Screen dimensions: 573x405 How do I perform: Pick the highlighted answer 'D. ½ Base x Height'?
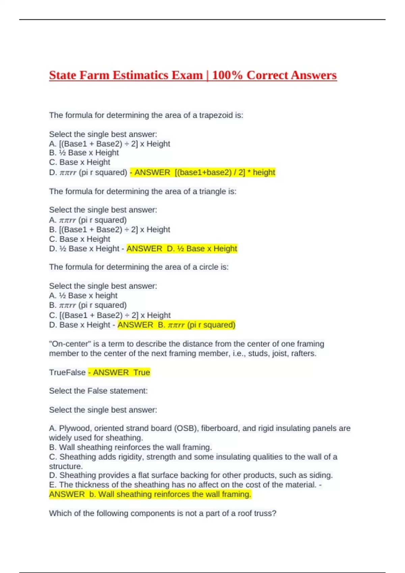tap(202, 249)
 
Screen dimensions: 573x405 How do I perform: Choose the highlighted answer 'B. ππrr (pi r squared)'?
tap(196, 325)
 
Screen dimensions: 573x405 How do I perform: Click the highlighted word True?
tap(142, 372)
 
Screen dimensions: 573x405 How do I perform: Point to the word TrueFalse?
tap(67, 372)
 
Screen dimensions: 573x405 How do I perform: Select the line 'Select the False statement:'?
tap(98, 391)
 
